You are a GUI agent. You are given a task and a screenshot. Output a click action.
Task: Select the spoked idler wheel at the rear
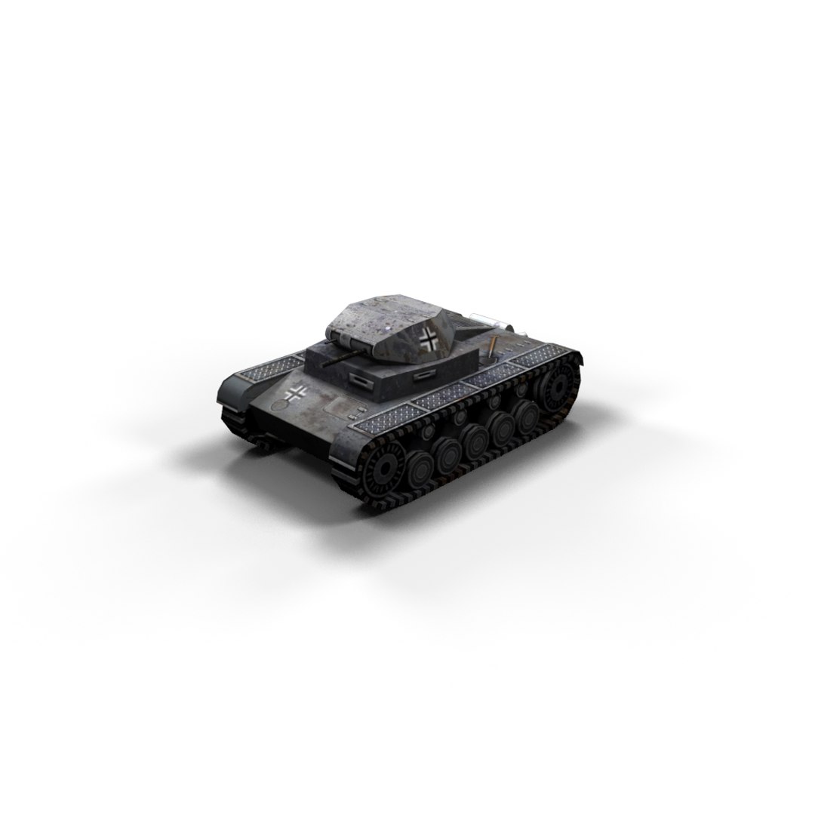pos(559,386)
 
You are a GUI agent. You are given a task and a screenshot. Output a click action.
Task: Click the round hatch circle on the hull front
pos(279,405)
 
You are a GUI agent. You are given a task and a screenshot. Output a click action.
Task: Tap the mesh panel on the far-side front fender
pos(266,368)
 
